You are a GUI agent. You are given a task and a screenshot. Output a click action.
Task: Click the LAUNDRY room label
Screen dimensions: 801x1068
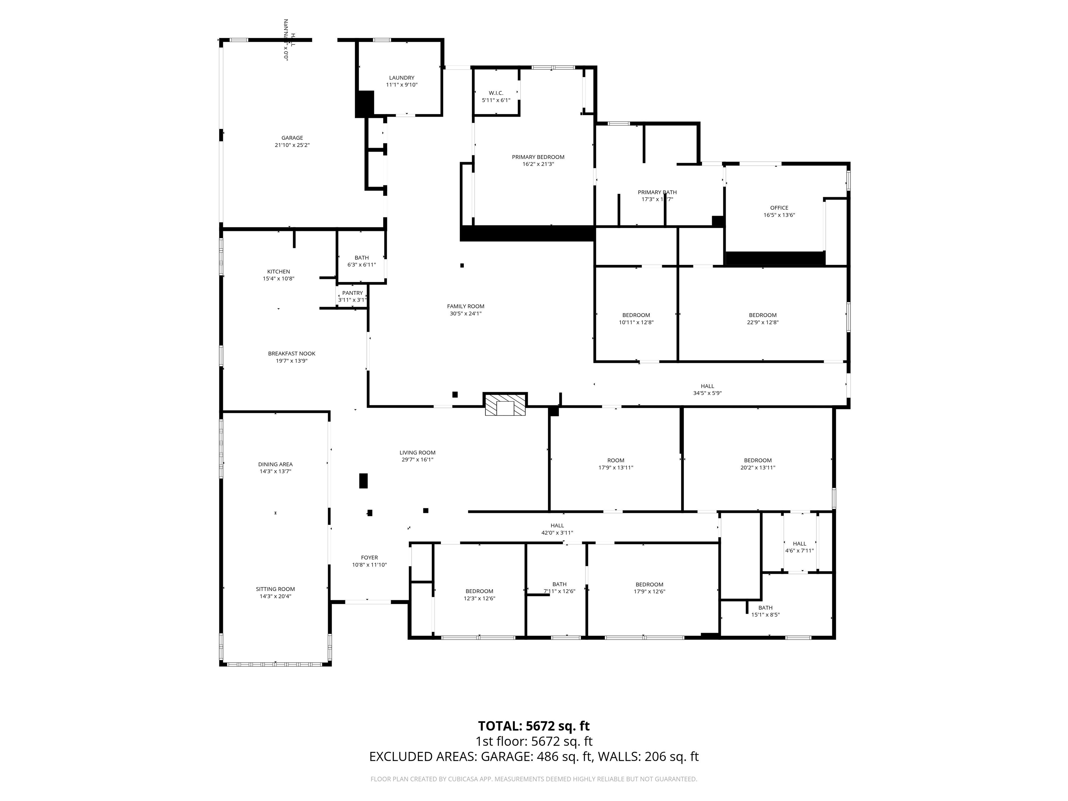pyautogui.click(x=401, y=78)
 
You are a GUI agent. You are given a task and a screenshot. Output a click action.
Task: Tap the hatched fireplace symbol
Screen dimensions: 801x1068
pyautogui.click(x=505, y=405)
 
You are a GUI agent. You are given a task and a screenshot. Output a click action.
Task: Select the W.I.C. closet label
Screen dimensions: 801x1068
pyautogui.click(x=496, y=93)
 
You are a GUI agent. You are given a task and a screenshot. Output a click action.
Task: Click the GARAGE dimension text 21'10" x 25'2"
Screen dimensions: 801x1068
pyautogui.click(x=292, y=145)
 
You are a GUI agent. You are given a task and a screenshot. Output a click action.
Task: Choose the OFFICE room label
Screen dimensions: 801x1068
pyautogui.click(x=779, y=208)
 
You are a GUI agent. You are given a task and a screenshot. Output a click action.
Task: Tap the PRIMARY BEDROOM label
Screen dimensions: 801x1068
pyautogui.click(x=538, y=157)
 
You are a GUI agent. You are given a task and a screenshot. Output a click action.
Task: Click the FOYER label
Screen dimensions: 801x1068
pyautogui.click(x=369, y=557)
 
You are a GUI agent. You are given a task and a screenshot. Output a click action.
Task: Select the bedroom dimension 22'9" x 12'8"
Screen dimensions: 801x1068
pyautogui.click(x=762, y=322)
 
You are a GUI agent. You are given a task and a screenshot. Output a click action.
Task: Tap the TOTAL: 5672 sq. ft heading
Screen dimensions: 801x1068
pyautogui.click(x=534, y=726)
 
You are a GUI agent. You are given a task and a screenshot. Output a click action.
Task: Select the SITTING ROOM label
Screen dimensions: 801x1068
pyautogui.click(x=275, y=589)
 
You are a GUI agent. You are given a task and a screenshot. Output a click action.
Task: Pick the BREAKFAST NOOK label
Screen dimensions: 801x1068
pyautogui.click(x=292, y=354)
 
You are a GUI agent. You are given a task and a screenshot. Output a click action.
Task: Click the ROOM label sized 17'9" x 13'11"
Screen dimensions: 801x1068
pyautogui.click(x=616, y=460)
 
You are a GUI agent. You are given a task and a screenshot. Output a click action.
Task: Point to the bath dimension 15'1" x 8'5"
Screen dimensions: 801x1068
pyautogui.click(x=765, y=615)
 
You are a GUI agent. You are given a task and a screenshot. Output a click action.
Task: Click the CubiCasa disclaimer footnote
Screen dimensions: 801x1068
pyautogui.click(x=534, y=779)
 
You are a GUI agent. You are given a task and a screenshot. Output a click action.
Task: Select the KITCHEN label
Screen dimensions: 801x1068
pyautogui.click(x=278, y=271)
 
